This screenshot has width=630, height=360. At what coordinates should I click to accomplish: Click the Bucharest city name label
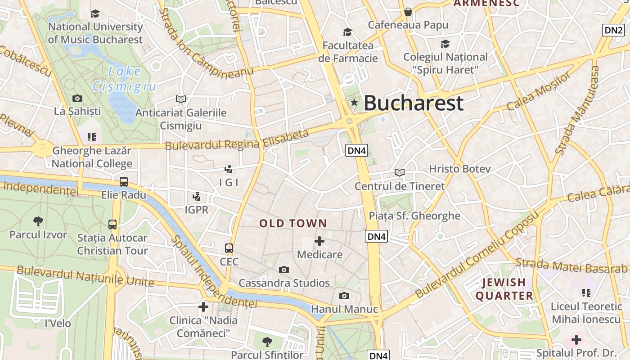(x=413, y=103)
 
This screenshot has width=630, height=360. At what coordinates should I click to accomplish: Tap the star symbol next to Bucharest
(x=355, y=103)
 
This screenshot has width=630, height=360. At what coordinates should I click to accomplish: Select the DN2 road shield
(x=614, y=30)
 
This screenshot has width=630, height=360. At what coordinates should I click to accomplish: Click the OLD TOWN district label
(x=293, y=223)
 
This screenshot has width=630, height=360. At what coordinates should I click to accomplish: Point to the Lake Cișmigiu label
(x=125, y=79)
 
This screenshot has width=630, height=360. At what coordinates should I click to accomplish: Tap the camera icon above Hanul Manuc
(x=344, y=296)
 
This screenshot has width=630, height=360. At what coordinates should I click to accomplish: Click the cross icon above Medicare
(x=319, y=241)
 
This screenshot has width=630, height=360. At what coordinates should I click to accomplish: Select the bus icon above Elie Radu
(x=124, y=182)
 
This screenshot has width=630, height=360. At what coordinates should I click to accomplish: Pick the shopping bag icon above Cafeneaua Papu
(x=408, y=12)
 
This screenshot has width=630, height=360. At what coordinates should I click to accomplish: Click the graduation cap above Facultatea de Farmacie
(x=347, y=32)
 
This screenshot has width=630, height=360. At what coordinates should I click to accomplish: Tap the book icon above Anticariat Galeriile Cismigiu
(x=181, y=99)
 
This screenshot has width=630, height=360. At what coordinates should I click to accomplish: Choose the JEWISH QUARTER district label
(x=504, y=289)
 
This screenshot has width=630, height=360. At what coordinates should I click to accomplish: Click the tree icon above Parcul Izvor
(x=38, y=221)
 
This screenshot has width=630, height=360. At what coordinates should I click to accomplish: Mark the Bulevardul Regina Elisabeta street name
(x=237, y=140)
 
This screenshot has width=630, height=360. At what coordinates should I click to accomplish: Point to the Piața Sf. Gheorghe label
(x=414, y=216)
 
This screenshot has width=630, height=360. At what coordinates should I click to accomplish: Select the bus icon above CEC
(x=229, y=248)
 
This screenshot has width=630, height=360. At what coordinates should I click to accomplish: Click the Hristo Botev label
(x=459, y=169)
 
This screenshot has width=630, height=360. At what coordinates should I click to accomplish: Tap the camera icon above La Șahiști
(x=77, y=98)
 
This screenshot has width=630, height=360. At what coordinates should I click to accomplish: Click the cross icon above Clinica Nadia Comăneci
(x=203, y=307)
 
